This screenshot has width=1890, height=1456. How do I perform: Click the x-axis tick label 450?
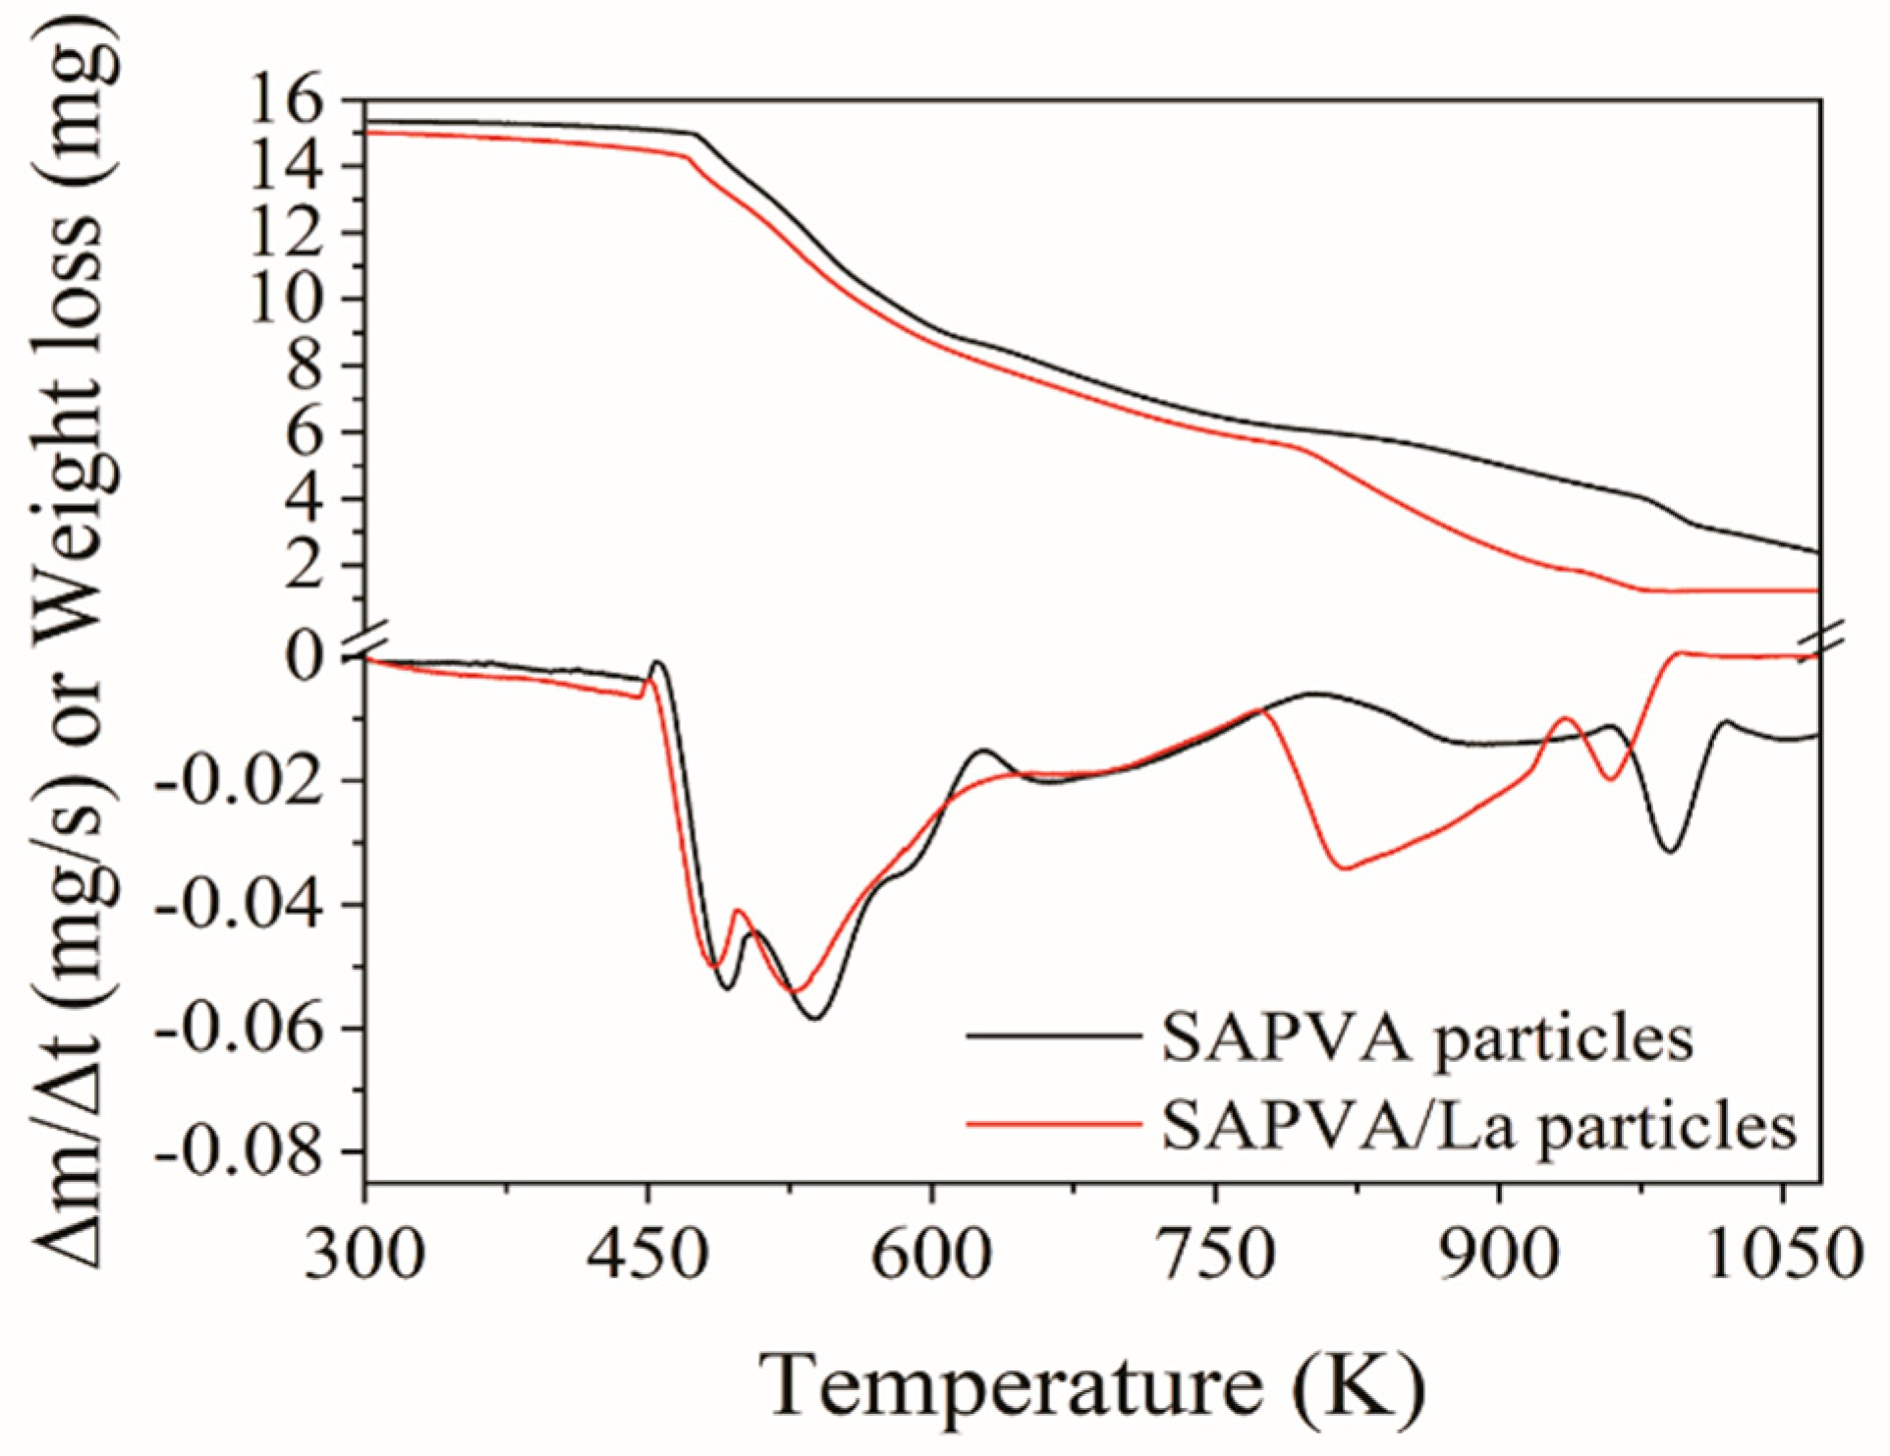647,1255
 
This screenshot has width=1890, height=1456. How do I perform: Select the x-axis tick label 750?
1216,1255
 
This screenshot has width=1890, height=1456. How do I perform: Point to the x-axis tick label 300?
364,1255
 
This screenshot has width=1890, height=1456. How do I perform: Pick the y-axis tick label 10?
287,299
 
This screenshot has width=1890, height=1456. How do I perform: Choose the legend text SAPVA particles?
1427,1038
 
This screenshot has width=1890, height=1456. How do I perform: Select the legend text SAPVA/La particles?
1478,1125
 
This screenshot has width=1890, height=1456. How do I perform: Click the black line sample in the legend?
1053,1036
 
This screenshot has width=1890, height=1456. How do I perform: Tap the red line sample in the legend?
1053,1123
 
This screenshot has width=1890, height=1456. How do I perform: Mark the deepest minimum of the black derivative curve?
815,1018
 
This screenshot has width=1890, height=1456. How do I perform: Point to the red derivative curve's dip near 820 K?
1345,868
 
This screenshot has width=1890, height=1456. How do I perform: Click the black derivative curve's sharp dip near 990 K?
1670,850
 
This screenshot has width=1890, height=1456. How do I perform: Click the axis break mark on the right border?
1820,641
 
